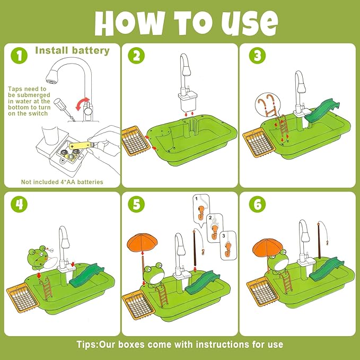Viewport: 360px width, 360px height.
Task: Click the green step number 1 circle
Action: (x=19, y=56)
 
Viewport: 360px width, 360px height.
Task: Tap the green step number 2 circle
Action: (x=136, y=56)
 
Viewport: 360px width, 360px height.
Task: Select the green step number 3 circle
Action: (x=257, y=56)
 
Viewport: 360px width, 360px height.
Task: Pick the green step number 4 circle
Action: (x=19, y=204)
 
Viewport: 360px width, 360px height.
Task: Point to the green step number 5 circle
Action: (x=136, y=204)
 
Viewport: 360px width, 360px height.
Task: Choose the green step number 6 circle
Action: (x=257, y=204)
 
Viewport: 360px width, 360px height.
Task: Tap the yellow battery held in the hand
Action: (x=81, y=145)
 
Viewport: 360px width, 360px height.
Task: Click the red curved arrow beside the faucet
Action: (x=82, y=104)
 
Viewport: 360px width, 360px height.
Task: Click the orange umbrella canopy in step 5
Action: (x=142, y=242)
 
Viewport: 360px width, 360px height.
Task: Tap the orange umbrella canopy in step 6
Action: (x=268, y=247)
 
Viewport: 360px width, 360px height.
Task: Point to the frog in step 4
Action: (x=38, y=257)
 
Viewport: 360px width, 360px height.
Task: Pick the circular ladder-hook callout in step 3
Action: (x=268, y=106)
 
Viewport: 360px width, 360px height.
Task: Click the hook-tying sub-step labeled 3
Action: (x=228, y=245)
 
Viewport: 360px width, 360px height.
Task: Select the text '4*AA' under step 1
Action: (x=68, y=182)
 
